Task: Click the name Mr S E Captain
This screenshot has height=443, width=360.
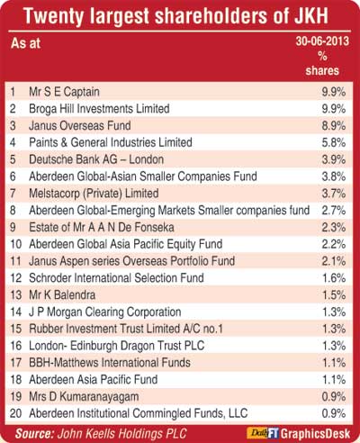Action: coord(64,92)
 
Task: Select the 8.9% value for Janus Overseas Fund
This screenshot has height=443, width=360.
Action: coord(334,125)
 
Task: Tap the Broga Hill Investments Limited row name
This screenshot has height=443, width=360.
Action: coord(99,109)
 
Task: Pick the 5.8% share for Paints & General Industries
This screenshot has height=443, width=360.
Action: coord(334,142)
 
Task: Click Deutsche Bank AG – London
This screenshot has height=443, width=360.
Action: coord(96,159)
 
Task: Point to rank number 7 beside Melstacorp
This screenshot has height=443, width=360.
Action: coord(13,194)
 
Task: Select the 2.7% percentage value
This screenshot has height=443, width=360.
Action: coord(334,211)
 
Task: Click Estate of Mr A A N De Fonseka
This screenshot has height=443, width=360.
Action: coord(102,227)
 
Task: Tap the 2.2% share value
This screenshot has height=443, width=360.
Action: coord(334,244)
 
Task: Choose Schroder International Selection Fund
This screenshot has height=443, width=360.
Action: coord(116,278)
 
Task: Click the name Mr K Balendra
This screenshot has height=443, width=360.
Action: coord(62,295)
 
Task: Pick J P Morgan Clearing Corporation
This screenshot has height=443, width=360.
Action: coord(105,312)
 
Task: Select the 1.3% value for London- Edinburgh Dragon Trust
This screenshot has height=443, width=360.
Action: coord(334,346)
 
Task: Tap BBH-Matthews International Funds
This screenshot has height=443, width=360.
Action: coord(110,363)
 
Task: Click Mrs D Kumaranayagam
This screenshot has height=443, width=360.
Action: coord(84,397)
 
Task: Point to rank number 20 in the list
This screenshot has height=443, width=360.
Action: coord(15,413)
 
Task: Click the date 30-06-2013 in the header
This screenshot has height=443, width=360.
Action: coord(322,41)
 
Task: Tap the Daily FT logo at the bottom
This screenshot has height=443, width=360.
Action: coord(263,433)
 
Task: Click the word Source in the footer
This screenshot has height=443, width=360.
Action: coord(34,434)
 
